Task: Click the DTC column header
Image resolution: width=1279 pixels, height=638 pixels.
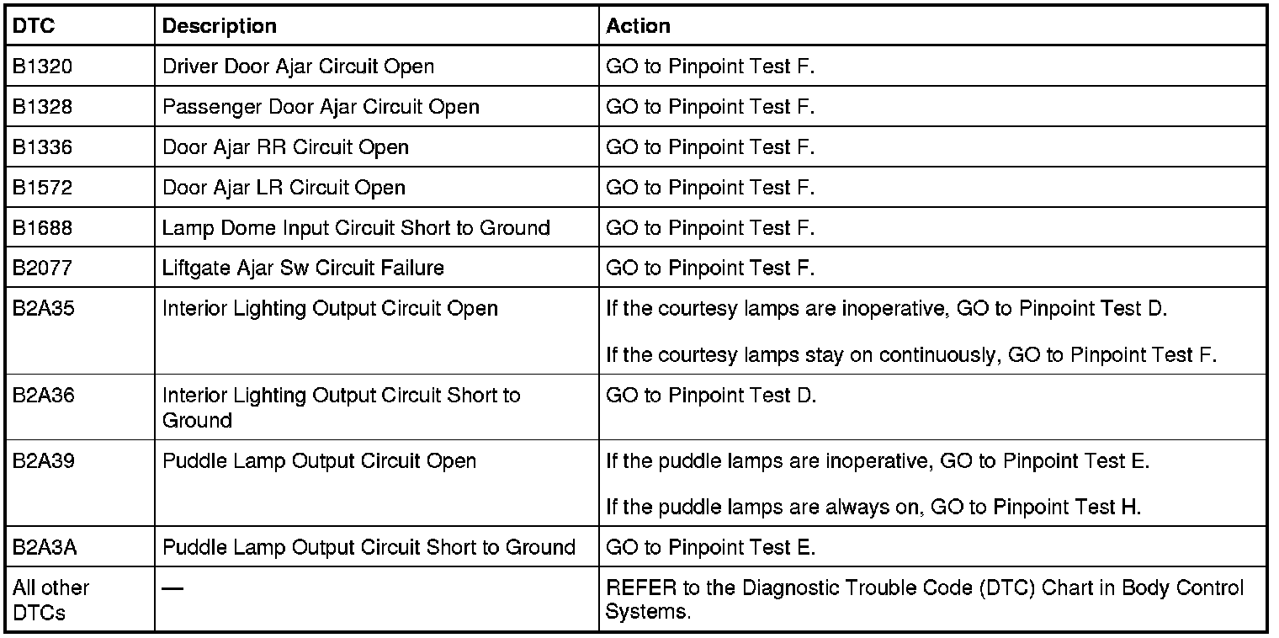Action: (x=34, y=26)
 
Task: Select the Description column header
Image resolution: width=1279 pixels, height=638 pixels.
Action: (x=219, y=26)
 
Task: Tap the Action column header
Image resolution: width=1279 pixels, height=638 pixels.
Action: (x=638, y=26)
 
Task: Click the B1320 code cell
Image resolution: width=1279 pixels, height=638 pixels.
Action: (x=42, y=66)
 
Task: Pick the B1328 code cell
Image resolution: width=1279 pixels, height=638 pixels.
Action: (x=42, y=107)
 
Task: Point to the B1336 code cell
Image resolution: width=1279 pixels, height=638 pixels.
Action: (x=42, y=147)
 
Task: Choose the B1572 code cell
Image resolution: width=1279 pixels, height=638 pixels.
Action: (x=42, y=188)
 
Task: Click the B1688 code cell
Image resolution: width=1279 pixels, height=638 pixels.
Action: (x=42, y=228)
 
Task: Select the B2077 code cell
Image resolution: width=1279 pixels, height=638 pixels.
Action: (x=42, y=268)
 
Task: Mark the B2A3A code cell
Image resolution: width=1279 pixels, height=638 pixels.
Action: (x=45, y=548)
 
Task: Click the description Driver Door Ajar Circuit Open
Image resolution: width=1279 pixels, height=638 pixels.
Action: (x=298, y=66)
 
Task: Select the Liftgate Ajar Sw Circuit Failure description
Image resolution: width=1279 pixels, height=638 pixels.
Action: (x=303, y=268)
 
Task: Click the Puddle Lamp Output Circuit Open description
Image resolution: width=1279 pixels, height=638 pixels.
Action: (x=319, y=461)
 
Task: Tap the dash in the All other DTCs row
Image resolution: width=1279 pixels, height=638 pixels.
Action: (x=172, y=588)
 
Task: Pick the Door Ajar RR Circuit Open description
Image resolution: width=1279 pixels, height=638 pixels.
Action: (x=285, y=147)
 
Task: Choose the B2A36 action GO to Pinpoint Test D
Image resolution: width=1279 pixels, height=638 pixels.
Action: (x=711, y=396)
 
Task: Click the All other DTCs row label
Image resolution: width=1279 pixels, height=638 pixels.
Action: (x=50, y=599)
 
